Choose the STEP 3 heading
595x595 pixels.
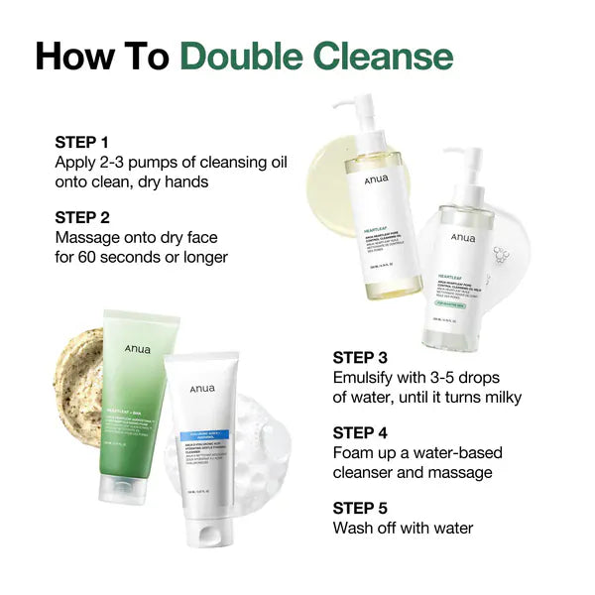click(x=367, y=357)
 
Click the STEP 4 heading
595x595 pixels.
click(x=367, y=432)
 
